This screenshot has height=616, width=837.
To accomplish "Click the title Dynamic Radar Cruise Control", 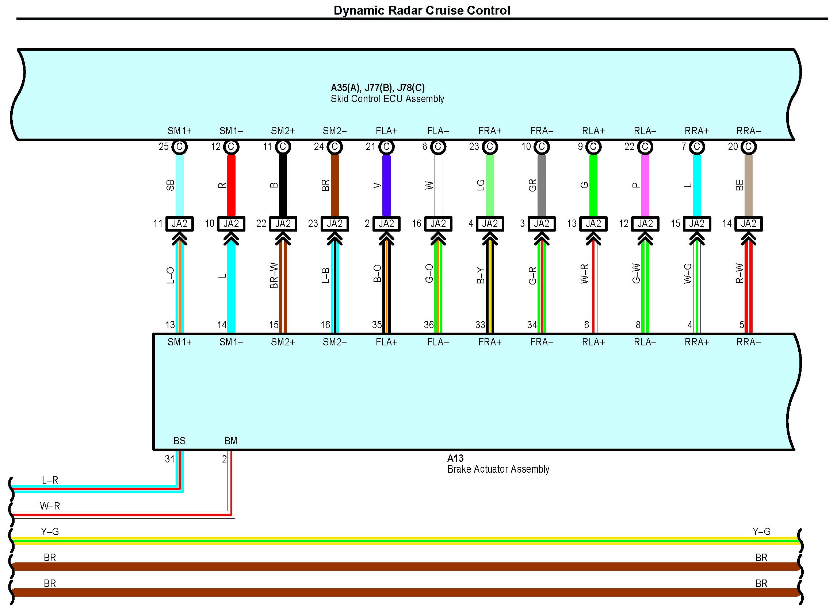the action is coord(422,11).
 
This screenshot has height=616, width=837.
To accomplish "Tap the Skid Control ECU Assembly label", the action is coord(387,99).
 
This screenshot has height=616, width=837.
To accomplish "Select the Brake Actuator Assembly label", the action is coord(498,469).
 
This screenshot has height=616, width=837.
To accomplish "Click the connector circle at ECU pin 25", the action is coord(180,147).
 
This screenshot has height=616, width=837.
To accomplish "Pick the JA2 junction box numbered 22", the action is coord(283,224).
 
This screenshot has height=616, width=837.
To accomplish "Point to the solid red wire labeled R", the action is coord(231,185).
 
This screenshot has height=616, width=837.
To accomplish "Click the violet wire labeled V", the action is coord(386,185).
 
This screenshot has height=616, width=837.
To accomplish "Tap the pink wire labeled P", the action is coord(645,185).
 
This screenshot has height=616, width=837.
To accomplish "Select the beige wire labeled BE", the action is coord(749,185).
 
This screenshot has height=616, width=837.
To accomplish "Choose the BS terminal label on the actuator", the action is coord(180,441).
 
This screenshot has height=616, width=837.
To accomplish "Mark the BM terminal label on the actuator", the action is coord(231,441).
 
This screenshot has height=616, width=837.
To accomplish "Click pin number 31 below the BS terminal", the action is coord(170,459).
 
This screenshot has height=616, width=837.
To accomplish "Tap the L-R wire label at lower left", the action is coord(50,480).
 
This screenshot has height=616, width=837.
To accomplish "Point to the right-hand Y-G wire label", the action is coord(761,531).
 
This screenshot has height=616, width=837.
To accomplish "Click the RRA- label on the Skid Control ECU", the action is coord(749,131).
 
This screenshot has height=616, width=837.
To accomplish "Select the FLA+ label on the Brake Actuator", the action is coord(386,342).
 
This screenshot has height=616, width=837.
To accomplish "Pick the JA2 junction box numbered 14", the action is coord(749,224).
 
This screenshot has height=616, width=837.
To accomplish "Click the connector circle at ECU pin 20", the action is coord(749,147).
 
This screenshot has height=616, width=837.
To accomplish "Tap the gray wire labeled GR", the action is coord(542,185).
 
